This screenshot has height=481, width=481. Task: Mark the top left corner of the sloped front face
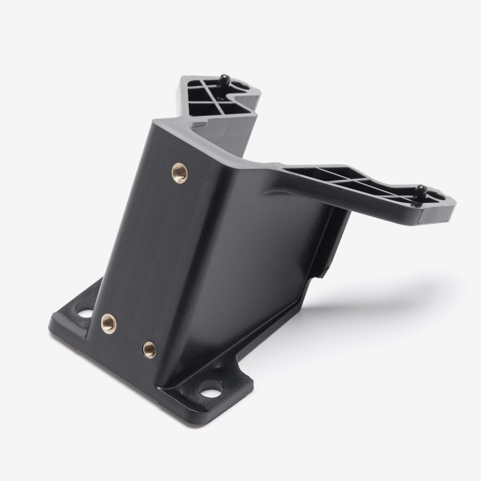tap(153, 120)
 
